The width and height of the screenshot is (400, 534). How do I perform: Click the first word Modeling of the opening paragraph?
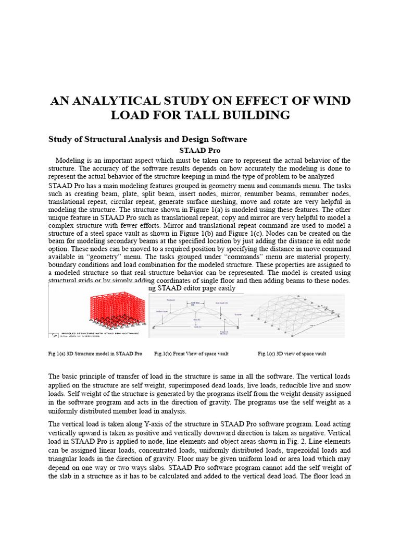tap(70, 160)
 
